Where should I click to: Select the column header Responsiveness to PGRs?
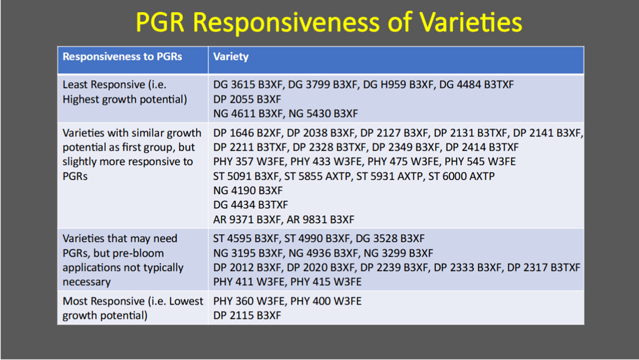pyautogui.click(x=122, y=57)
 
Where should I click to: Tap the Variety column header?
pyautogui.click(x=231, y=57)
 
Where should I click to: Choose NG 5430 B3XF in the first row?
pyautogui.click(x=323, y=114)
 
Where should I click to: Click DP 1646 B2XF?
pyautogui.click(x=247, y=133)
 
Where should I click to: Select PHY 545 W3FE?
pyautogui.click(x=480, y=162)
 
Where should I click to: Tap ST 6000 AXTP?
pyautogui.click(x=461, y=176)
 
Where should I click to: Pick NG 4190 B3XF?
pyautogui.click(x=248, y=190)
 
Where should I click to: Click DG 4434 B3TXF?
pyautogui.click(x=250, y=205)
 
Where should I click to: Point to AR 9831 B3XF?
pyautogui.click(x=321, y=220)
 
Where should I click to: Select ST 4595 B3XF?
pyautogui.click(x=246, y=238)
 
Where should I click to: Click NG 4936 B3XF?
pyautogui.click(x=323, y=253)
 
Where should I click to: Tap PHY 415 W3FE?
pyautogui.click(x=325, y=282)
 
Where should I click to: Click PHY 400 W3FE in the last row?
pyautogui.click(x=325, y=301)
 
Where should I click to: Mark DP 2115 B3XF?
pyautogui.click(x=247, y=315)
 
